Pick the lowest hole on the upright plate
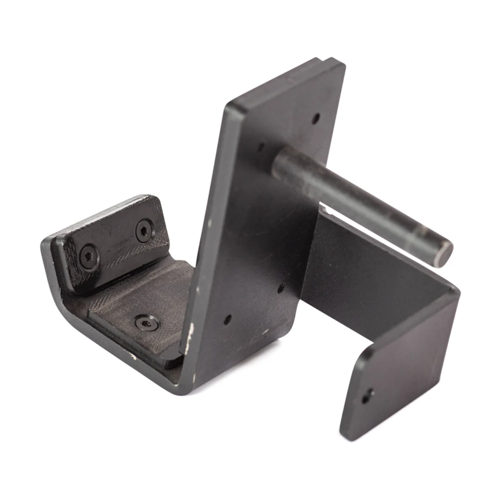(x=227, y=320)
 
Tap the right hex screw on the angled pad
(x=144, y=230)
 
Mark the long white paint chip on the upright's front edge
(x=189, y=344)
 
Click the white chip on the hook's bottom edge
(x=133, y=357)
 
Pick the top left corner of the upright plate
(x=227, y=106)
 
